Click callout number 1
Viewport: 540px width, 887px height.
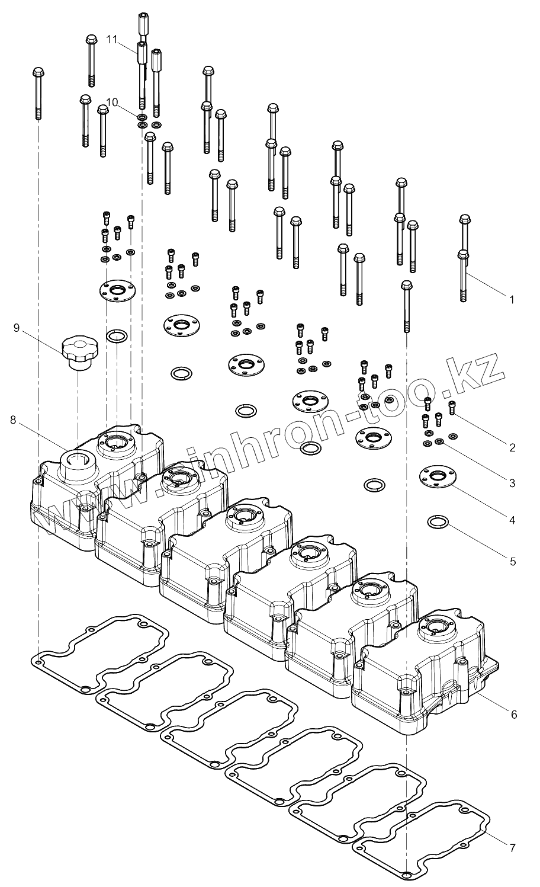tap(512, 300)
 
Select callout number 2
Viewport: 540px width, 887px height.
tap(512, 447)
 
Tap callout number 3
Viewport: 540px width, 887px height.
tap(512, 483)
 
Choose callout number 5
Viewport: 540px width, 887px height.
tap(512, 561)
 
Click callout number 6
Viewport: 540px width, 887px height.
tap(513, 715)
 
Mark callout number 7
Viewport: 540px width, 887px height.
tap(512, 848)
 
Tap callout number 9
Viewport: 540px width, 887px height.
tap(17, 328)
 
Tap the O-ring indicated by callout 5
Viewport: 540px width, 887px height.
tap(436, 522)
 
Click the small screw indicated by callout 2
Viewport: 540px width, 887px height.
tap(453, 408)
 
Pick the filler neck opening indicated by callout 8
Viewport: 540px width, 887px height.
tap(76, 456)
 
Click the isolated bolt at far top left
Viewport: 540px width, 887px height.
tap(38, 92)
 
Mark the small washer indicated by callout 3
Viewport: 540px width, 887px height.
tap(440, 441)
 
